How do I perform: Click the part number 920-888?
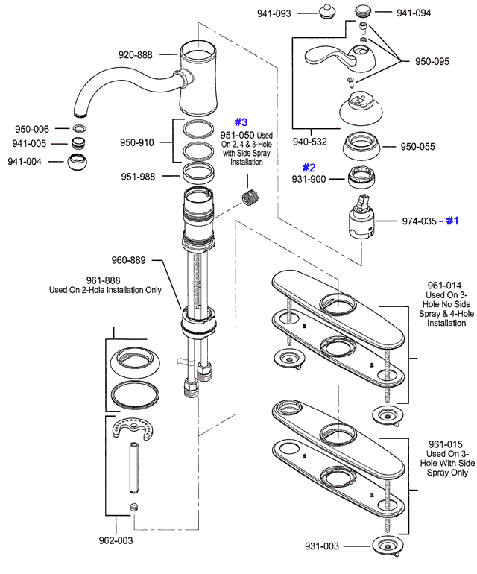136,54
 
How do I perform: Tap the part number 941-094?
414,13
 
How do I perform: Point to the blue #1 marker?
454,221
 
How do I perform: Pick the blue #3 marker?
241,122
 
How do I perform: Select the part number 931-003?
321,546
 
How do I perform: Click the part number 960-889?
130,261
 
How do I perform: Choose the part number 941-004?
25,162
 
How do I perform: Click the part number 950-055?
418,147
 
